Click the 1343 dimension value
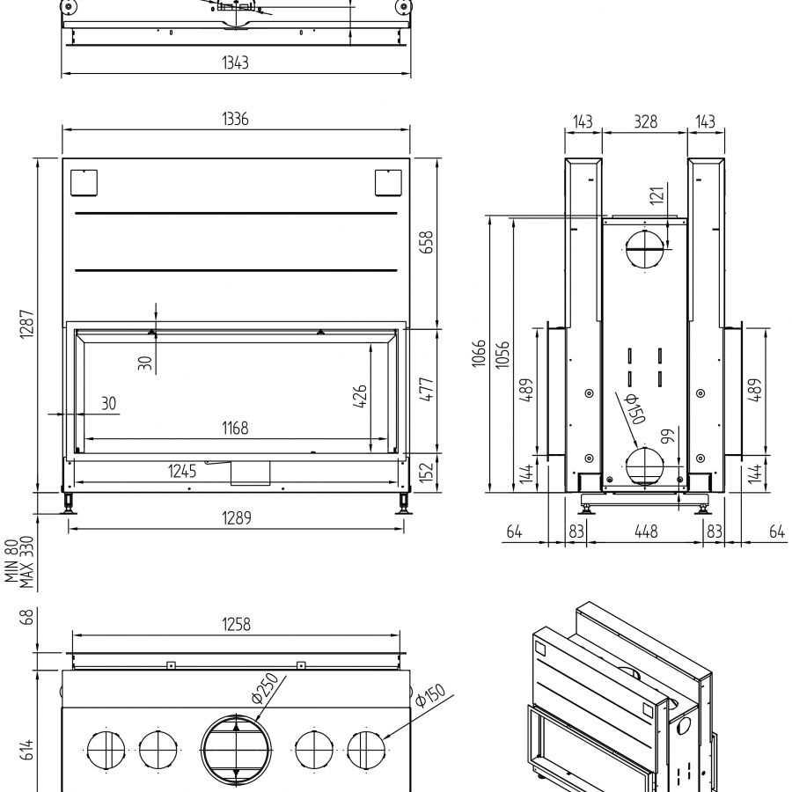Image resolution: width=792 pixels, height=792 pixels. [x=236, y=62]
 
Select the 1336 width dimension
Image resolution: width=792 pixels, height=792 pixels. [x=236, y=120]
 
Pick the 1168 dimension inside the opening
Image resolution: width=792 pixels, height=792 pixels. [x=235, y=429]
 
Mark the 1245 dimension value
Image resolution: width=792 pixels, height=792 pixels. [x=182, y=472]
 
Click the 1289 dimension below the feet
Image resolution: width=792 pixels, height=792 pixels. [x=236, y=518]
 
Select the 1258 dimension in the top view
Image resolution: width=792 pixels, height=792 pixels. [x=236, y=624]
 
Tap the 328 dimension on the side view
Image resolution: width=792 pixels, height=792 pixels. [x=645, y=121]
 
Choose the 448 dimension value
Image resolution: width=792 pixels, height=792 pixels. [x=646, y=531]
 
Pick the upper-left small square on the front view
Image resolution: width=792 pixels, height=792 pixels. [x=84, y=182]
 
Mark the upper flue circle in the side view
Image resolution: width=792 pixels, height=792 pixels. [x=644, y=251]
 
